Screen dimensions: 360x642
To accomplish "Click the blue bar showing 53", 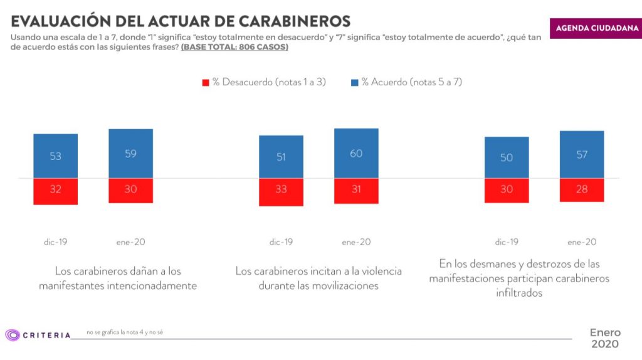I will pos(56,156).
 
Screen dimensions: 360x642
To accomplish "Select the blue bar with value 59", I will pos(130,154).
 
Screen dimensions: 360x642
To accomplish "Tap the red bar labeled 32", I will pos(56,191).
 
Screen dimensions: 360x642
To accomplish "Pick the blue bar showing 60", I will pos(356,154).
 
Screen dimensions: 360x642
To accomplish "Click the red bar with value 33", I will pos(281,192).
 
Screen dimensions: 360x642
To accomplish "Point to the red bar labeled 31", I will pos(356,191).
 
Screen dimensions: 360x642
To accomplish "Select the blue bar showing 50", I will pos(507,157).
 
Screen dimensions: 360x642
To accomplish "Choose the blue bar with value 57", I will pos(582,155).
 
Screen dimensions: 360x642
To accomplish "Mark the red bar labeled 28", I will pos(582,190).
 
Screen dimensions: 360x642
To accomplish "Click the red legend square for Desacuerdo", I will pos(205,82).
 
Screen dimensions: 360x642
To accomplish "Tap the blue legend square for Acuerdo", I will pos(354,82).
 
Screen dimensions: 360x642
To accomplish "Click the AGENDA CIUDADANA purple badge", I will pos(595,28).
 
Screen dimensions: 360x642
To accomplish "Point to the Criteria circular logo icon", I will pos(12,335).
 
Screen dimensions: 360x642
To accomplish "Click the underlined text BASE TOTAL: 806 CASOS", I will pos(234,48).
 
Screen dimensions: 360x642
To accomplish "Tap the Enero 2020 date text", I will pos(604,338).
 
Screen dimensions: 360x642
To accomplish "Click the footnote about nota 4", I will pos(125,332).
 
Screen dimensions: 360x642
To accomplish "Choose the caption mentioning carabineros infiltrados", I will pos(519,278).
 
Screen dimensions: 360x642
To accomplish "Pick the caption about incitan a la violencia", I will pos(318,278).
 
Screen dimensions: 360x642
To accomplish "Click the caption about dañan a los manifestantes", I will pos(118,278).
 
